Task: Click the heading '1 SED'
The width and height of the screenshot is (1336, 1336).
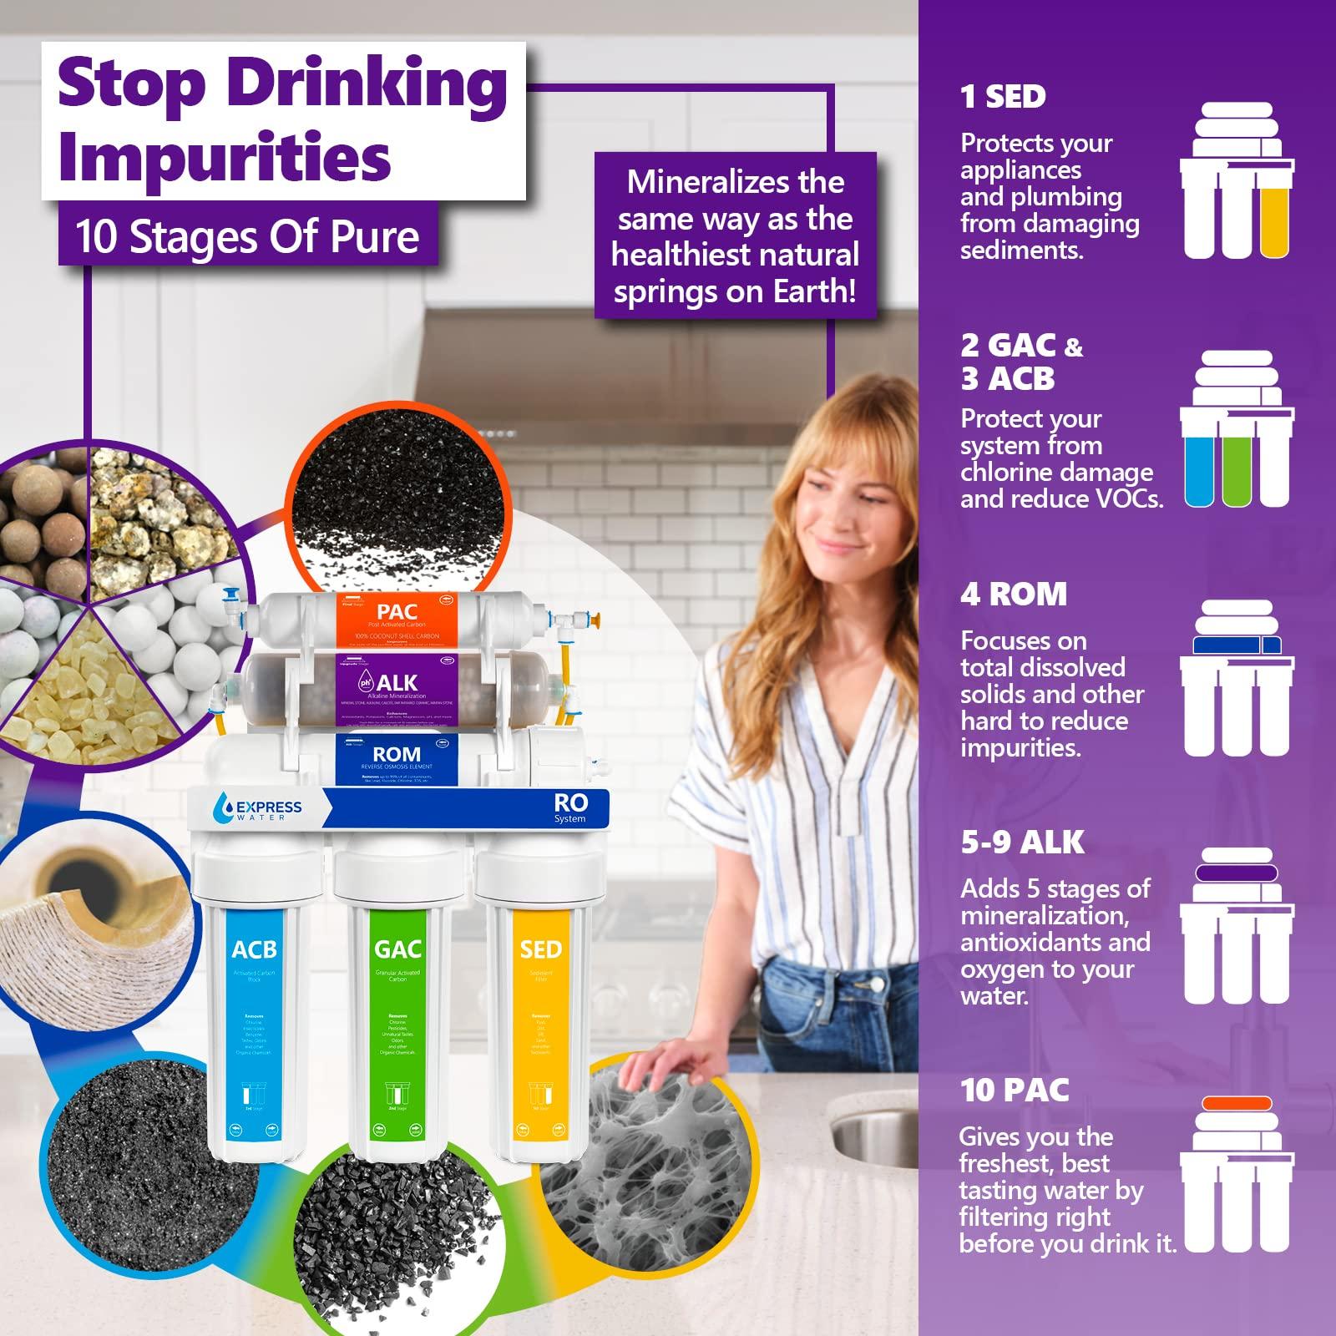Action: click(1003, 97)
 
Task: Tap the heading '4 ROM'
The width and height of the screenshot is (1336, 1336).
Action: click(1013, 595)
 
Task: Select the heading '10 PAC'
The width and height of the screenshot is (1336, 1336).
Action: click(1015, 1090)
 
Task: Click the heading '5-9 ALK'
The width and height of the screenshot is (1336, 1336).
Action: click(1022, 843)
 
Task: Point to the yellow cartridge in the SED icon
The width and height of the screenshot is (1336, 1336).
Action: click(1274, 220)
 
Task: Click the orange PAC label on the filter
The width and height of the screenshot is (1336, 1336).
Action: click(397, 619)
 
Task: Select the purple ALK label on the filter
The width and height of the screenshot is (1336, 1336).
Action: click(397, 686)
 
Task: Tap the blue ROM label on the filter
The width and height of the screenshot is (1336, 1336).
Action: click(397, 757)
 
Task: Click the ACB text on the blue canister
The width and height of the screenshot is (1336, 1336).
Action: click(254, 950)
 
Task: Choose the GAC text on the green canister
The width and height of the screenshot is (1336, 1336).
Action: click(397, 950)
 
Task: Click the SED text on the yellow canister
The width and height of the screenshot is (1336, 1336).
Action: click(540, 950)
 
